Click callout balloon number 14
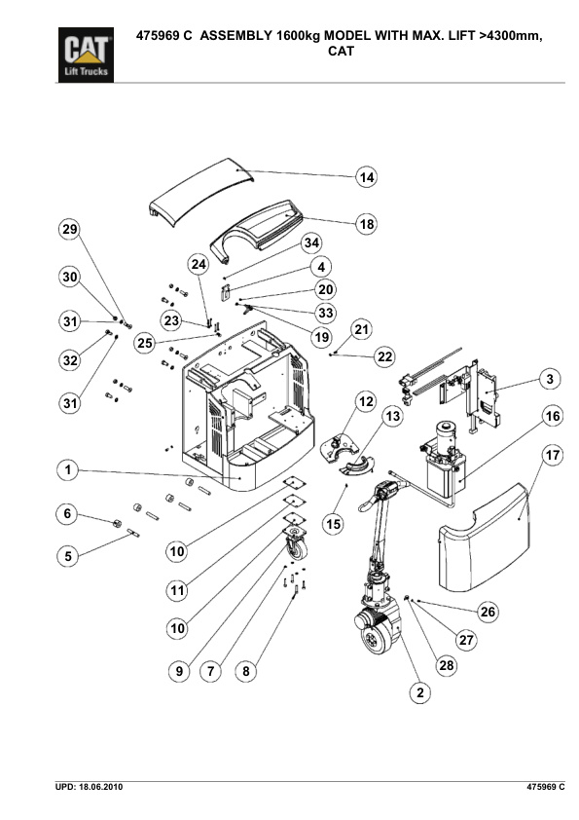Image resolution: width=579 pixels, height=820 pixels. click(366, 178)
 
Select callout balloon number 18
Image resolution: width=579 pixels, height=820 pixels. click(366, 224)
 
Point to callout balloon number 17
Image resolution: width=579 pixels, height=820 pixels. click(553, 455)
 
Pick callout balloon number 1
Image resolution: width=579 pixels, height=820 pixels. click(67, 471)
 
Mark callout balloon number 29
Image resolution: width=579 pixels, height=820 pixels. click(67, 230)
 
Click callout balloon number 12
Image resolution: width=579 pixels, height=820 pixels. click(366, 401)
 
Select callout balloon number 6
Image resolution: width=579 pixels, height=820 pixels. click(67, 514)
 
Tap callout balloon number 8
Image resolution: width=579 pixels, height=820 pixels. click(246, 671)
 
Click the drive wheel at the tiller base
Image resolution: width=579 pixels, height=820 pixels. click(375, 638)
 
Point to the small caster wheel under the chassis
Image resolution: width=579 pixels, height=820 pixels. click(294, 547)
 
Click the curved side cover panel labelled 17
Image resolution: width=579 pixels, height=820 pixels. click(487, 537)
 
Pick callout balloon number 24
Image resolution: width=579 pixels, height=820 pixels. click(199, 265)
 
